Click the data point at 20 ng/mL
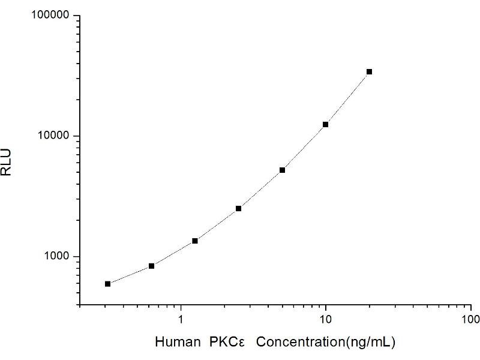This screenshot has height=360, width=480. [x=369, y=71]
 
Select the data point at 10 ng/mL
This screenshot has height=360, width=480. [x=325, y=124]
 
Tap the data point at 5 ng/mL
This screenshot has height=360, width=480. [x=282, y=170]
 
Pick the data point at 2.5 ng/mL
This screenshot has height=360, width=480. [x=238, y=208]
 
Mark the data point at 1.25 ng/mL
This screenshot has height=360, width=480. [x=195, y=241]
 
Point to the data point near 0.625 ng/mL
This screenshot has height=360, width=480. [x=151, y=266]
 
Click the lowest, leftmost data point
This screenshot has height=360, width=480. [x=107, y=284]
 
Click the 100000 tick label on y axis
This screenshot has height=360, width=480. [x=51, y=16]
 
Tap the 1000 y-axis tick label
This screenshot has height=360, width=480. [x=57, y=257]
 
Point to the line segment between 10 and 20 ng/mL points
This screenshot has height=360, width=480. [x=347, y=98]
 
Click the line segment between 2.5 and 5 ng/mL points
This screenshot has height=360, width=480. [x=260, y=189]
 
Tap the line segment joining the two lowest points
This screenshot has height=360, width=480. [x=130, y=275]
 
